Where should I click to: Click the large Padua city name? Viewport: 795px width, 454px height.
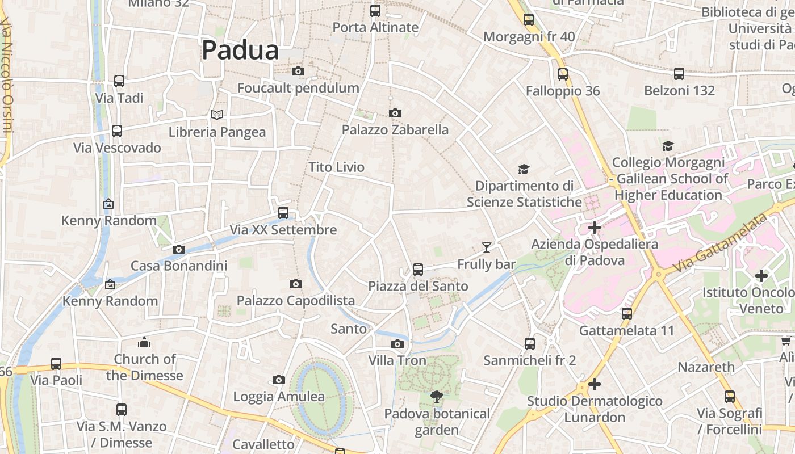240,51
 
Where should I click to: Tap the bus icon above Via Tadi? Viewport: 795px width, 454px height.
119,81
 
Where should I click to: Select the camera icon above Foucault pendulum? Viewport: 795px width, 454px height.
298,72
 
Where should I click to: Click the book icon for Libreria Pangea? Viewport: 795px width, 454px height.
216,115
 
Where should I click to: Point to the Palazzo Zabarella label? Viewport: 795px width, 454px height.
395,130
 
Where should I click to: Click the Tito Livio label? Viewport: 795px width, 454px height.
336,167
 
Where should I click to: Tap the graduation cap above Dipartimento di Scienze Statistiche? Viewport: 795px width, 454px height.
524,169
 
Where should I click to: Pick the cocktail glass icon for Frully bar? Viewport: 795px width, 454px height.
486,247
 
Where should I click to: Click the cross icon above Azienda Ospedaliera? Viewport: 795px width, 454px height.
595,228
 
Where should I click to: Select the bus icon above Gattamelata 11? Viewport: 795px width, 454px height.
627,314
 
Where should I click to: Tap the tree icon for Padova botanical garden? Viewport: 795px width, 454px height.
436,397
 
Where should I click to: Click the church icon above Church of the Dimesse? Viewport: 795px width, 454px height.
144,342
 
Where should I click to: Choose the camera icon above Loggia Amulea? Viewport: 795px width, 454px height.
278,380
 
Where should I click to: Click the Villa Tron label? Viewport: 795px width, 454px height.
397,360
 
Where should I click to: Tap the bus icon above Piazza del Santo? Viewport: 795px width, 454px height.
418,270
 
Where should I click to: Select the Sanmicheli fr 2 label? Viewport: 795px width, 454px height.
529,360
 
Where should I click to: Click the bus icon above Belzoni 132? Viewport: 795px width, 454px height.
679,74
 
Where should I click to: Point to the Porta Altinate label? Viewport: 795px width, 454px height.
375,27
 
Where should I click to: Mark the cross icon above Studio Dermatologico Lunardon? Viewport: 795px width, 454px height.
595,384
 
